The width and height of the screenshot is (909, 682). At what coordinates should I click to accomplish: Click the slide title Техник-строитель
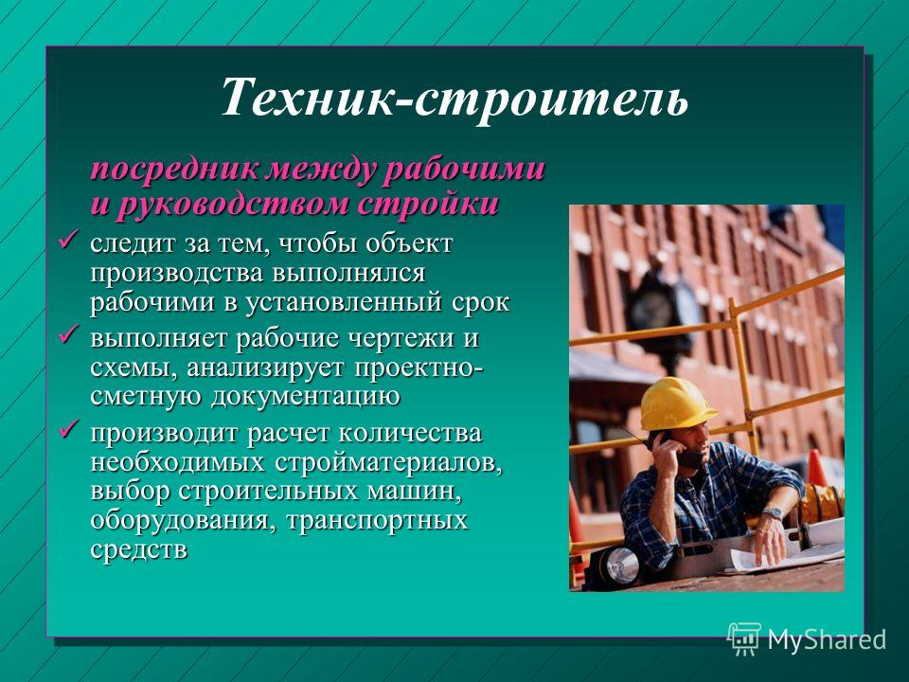pyautogui.click(x=454, y=97)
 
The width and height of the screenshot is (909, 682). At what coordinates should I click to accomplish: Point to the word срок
pyautogui.click(x=481, y=303)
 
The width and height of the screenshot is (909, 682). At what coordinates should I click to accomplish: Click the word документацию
pyautogui.click(x=305, y=398)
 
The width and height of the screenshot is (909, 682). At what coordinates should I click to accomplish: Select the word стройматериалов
pyautogui.click(x=388, y=463)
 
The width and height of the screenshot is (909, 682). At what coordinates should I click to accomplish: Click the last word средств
pyautogui.click(x=139, y=549)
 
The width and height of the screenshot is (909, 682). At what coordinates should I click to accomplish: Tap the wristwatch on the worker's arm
pyautogui.click(x=772, y=512)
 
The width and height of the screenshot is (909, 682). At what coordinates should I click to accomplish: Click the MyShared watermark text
pyautogui.click(x=827, y=639)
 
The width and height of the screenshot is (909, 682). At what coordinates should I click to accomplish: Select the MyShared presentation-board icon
pyautogui.click(x=744, y=638)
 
